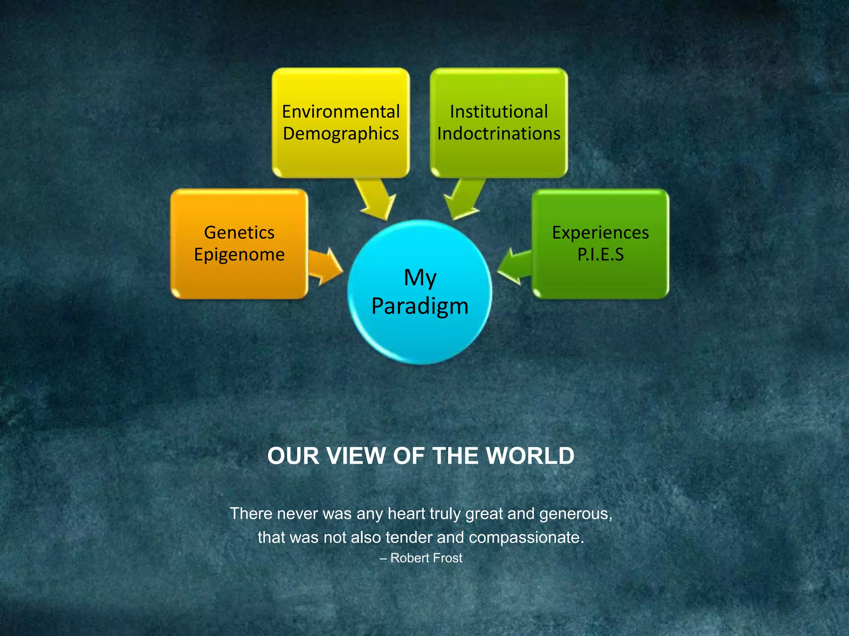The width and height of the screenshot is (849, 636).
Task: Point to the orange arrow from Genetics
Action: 325,266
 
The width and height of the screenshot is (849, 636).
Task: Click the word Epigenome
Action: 239,254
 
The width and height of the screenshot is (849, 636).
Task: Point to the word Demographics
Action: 341,134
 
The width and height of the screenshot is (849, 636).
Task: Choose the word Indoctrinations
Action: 499,134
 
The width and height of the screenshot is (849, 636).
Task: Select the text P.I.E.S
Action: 600,254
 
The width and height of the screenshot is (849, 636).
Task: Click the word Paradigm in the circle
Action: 420,306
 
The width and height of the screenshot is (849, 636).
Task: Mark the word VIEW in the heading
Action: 356,456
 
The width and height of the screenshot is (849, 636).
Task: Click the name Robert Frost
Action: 426,558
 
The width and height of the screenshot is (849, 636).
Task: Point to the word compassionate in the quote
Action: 526,537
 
